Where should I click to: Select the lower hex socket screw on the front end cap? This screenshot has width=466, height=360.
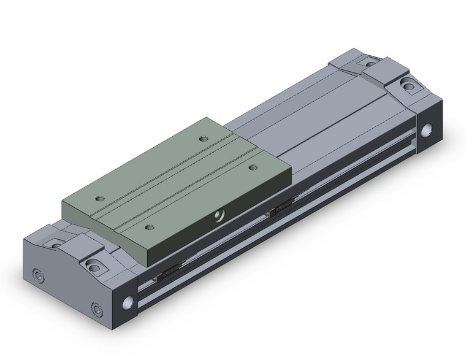click(96, 308)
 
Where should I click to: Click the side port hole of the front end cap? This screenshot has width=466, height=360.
click(129, 302)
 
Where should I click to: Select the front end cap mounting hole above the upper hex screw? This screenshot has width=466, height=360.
click(56, 245)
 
